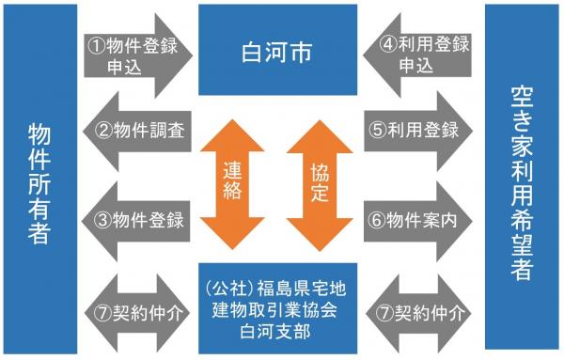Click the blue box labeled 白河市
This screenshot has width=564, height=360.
(x=277, y=49)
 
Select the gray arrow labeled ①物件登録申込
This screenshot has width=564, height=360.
(x=137, y=55)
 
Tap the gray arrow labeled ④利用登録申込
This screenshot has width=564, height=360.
(x=418, y=55)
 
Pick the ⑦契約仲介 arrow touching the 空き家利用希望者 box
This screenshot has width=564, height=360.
(x=418, y=308)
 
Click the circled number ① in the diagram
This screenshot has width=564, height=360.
(x=95, y=43)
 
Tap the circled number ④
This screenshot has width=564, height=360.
(x=386, y=43)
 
